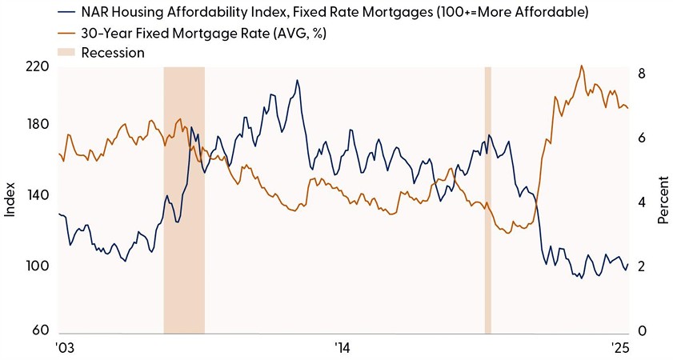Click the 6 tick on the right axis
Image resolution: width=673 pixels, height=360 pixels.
(x=640, y=138)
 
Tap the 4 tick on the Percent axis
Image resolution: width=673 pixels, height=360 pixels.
(x=640, y=202)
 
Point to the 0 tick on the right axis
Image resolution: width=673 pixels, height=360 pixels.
(x=640, y=331)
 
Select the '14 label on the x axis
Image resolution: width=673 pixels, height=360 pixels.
(x=342, y=348)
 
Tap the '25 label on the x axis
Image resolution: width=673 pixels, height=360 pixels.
(x=619, y=348)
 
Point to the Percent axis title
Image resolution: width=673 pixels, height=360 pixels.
(x=663, y=205)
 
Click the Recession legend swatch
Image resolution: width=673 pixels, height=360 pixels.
(x=67, y=53)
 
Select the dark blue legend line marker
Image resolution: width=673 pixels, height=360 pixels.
(x=67, y=13)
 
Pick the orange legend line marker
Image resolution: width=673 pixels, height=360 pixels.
(x=67, y=33)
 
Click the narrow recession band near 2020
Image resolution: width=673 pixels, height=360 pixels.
(x=487, y=200)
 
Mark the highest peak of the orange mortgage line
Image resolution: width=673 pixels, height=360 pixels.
(x=581, y=66)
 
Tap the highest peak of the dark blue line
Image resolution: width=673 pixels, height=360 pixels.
(x=297, y=80)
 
